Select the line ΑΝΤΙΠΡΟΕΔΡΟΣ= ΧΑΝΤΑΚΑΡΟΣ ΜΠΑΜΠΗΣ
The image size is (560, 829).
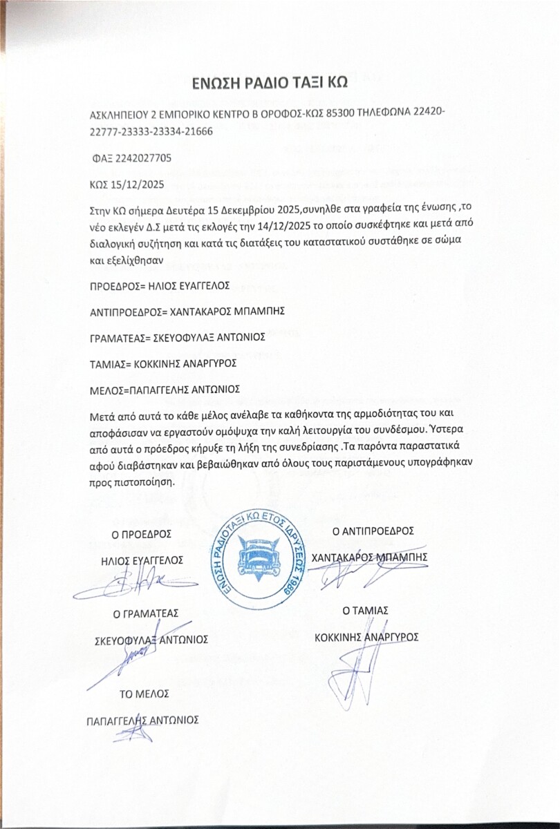(x=187, y=310)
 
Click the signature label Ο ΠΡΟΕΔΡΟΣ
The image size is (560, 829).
(x=142, y=534)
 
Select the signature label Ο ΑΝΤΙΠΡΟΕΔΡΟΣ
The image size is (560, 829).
(x=373, y=531)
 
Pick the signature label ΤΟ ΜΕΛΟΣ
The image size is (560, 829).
(x=144, y=693)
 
